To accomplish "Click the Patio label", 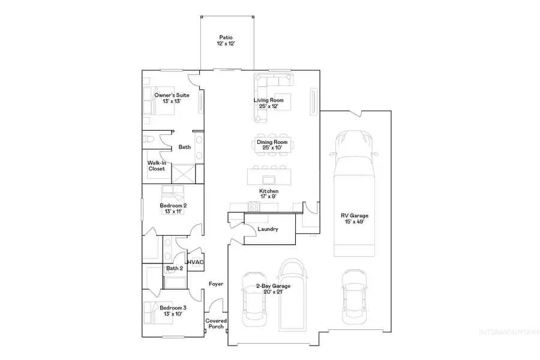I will pyautogui.click(x=226, y=38).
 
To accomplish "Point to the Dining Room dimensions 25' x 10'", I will pyautogui.click(x=273, y=148).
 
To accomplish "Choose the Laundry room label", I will pyautogui.click(x=266, y=229).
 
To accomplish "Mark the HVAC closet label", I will pyautogui.click(x=196, y=262).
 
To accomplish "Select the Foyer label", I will pyautogui.click(x=216, y=284).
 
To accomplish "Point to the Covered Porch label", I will pyautogui.click(x=216, y=325).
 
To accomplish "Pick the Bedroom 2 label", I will pyautogui.click(x=173, y=206).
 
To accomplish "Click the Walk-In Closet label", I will pyautogui.click(x=157, y=166).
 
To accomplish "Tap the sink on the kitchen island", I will pyautogui.click(x=268, y=179).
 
